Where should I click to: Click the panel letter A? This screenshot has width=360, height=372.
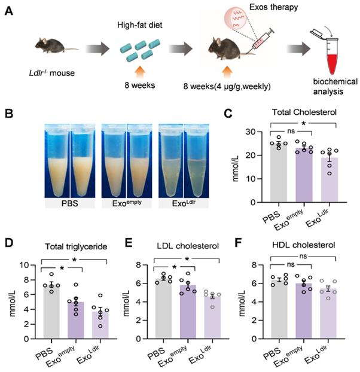pyautogui.click(x=9, y=11)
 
